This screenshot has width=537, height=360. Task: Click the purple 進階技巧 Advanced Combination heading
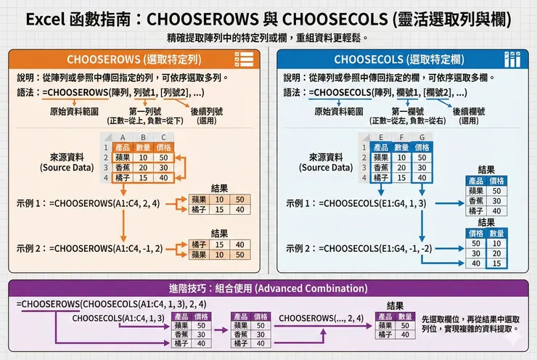(268, 288)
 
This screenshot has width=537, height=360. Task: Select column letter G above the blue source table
(422, 137)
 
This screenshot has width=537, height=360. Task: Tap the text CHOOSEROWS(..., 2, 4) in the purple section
(321, 318)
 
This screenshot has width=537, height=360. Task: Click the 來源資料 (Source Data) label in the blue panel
(326, 162)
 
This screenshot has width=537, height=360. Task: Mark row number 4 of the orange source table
(105, 177)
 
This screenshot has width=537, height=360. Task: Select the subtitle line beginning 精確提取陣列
(268, 36)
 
